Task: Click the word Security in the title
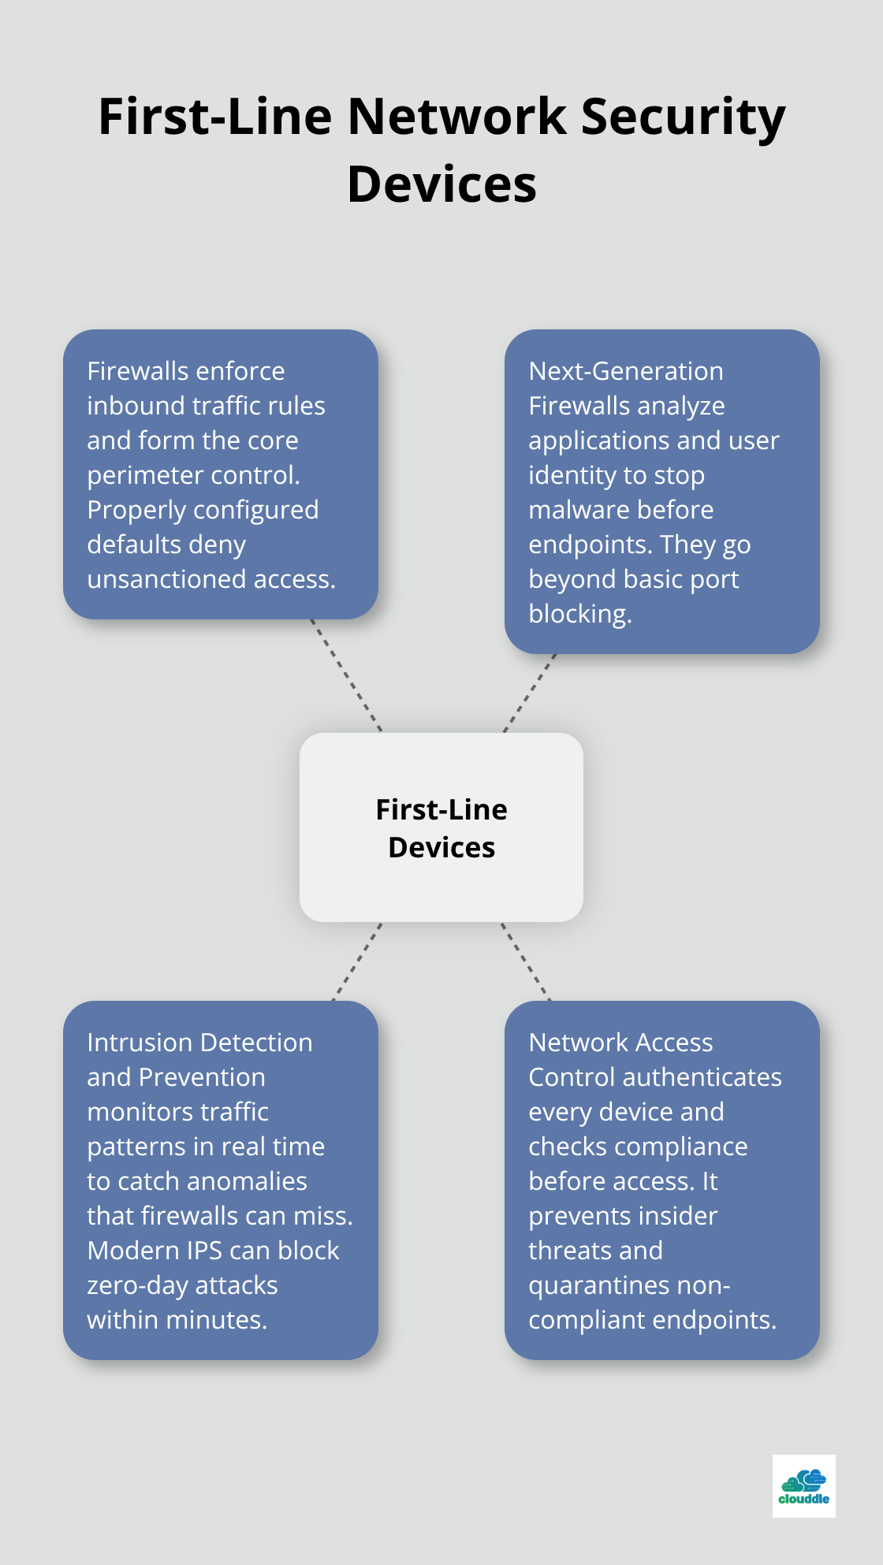click(x=683, y=118)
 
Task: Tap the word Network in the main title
click(x=456, y=117)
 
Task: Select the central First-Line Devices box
click(x=441, y=827)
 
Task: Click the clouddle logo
click(x=803, y=1486)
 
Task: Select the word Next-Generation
click(x=626, y=371)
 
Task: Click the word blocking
click(x=579, y=614)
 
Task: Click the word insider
click(x=679, y=1216)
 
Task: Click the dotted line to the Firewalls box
click(x=346, y=675)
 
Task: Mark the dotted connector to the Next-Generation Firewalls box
click(x=529, y=693)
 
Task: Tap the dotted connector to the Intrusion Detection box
click(x=357, y=961)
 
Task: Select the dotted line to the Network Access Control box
click(x=525, y=961)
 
